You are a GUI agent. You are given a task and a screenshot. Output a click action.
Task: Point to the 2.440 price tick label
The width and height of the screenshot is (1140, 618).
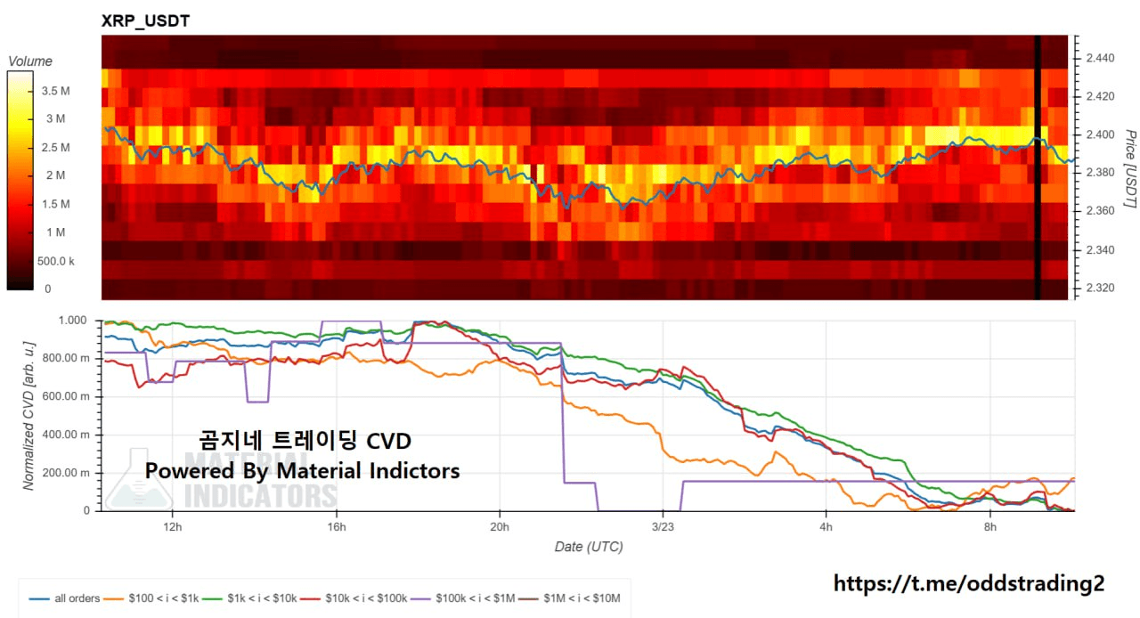pos(1100,58)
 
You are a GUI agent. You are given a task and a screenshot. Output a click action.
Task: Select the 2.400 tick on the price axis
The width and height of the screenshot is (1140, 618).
pos(1100,134)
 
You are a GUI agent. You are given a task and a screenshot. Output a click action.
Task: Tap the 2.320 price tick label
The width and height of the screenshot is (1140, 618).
pos(1100,289)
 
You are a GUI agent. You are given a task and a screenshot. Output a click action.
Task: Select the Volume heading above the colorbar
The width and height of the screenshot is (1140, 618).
pos(30,61)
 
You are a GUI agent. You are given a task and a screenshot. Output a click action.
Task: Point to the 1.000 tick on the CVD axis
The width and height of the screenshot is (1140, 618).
pos(75,321)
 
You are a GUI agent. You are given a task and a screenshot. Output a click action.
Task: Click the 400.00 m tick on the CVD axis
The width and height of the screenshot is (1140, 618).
pos(69,435)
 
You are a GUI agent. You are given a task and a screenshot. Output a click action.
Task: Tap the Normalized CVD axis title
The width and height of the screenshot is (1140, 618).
pos(28,414)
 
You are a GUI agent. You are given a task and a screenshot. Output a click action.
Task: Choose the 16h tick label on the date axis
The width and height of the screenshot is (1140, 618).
pos(336,525)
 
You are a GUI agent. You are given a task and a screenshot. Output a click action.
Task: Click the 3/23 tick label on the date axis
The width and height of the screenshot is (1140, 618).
pos(662,525)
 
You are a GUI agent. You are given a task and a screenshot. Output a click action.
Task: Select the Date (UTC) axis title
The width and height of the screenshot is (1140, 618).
pos(589,546)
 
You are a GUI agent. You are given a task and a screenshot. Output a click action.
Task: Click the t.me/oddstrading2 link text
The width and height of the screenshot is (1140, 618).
pos(969,583)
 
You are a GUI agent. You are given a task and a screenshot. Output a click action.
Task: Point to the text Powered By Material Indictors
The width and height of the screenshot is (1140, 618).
pos(303,470)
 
